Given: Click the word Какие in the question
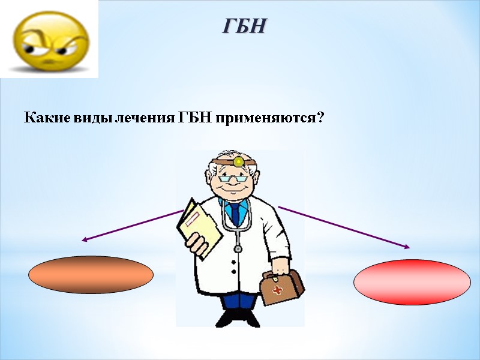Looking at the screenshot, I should [x=42, y=117].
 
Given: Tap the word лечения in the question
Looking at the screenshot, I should [x=147, y=117].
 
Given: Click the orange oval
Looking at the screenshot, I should [x=91, y=275].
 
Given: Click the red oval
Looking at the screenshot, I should [x=412, y=282].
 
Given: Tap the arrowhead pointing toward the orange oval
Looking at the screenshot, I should [x=84, y=240].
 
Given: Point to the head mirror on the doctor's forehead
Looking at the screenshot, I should [x=238, y=161].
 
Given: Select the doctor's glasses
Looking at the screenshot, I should [x=233, y=177].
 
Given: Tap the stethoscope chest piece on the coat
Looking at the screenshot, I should [x=238, y=248].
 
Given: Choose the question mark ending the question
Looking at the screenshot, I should [x=320, y=117].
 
